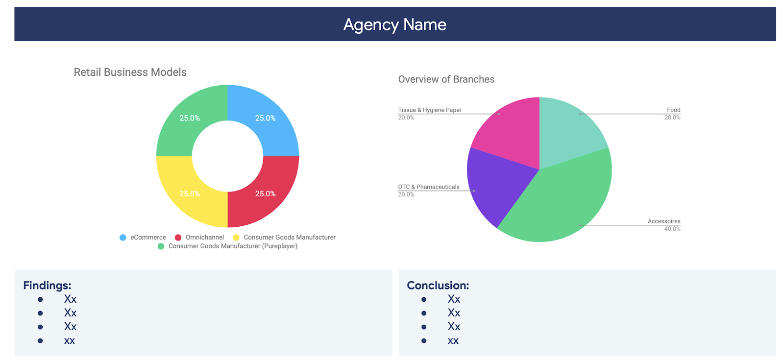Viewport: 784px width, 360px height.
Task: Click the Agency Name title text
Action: coord(394,24)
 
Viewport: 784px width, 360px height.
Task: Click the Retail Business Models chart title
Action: coord(130,72)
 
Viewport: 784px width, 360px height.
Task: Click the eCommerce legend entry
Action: coord(147,238)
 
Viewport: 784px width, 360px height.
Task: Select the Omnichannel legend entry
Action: coord(204,238)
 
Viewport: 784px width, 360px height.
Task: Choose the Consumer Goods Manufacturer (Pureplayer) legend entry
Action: coord(232,246)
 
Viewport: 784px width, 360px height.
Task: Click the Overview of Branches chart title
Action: coord(446,79)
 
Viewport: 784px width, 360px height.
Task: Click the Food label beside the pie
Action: coord(673,110)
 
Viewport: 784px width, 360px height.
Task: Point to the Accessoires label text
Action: coord(663,221)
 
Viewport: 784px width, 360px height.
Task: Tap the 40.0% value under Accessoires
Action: coord(672,229)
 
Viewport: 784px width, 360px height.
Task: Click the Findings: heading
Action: coord(47,286)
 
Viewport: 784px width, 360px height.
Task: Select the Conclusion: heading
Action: coord(438,286)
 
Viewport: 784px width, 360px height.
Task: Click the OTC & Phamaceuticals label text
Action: coord(428,187)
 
